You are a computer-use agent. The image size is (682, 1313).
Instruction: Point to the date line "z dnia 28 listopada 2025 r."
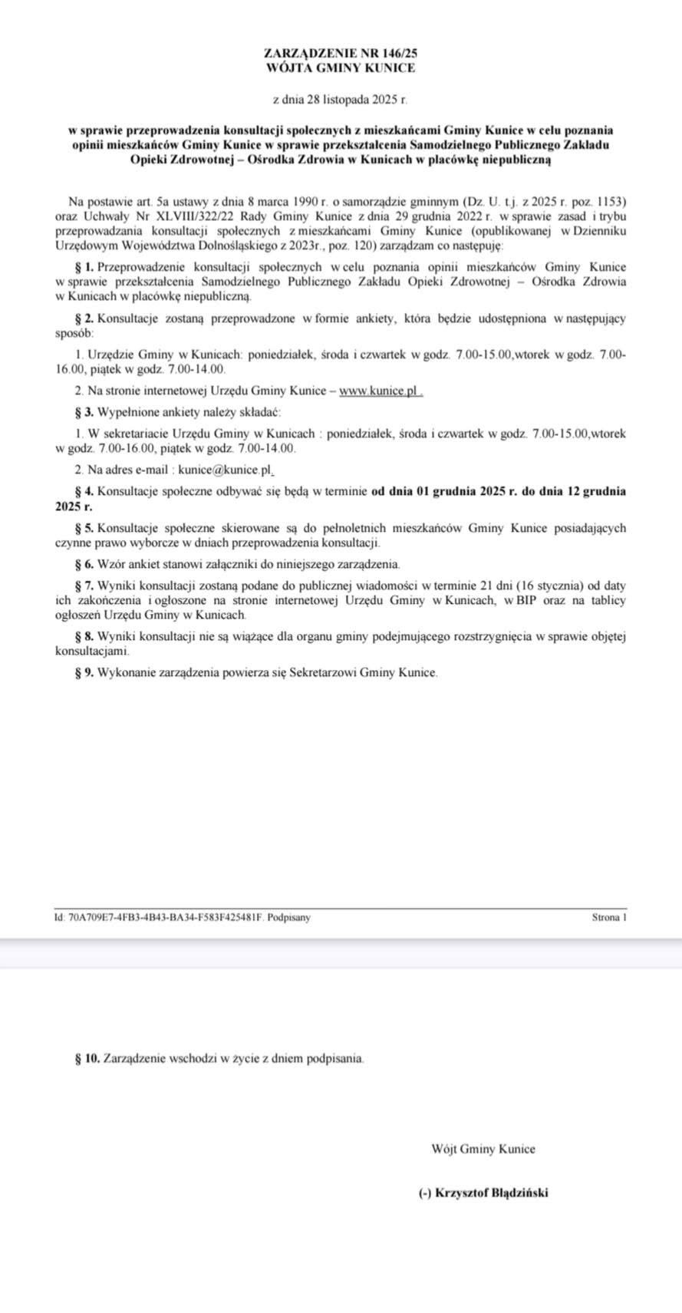341,100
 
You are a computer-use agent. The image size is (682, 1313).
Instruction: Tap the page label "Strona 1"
609,917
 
